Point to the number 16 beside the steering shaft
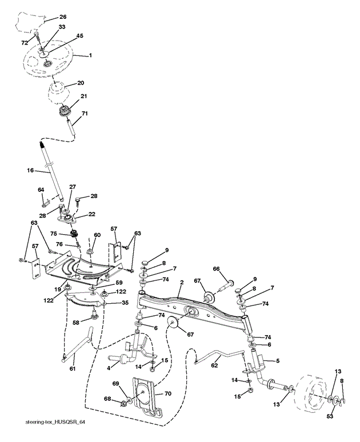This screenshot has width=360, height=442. point(31,170)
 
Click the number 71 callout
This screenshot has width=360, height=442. point(85,114)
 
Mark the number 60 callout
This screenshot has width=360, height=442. point(97,235)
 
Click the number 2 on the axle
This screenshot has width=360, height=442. point(181,282)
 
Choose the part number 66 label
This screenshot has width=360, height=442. point(217,268)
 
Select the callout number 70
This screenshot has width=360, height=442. point(167,393)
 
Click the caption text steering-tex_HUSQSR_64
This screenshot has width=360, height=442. point(55,422)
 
